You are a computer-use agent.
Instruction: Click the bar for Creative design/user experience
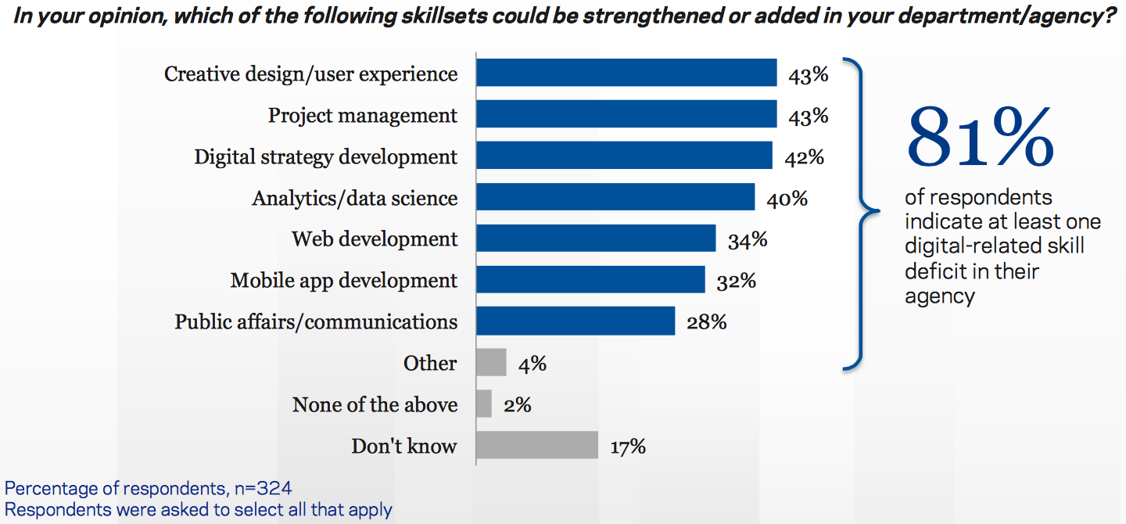click(626, 73)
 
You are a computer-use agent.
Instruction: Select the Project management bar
click(626, 114)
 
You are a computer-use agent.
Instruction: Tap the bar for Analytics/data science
click(615, 197)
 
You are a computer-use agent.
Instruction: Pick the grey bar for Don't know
click(537, 446)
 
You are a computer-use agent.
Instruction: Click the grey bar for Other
click(491, 363)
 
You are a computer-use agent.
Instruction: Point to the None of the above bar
click(484, 404)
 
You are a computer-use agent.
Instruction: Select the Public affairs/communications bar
click(576, 321)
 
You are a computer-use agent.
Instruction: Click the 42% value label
click(804, 156)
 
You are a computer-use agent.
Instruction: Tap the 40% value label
click(787, 198)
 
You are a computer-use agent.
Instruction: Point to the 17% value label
click(627, 447)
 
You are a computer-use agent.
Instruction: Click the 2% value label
click(517, 405)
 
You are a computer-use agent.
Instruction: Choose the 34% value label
click(747, 239)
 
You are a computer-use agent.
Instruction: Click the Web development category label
click(375, 239)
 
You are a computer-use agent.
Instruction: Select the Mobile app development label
click(343, 280)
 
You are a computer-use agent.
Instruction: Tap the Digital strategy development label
click(325, 156)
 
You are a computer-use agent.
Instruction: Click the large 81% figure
click(980, 139)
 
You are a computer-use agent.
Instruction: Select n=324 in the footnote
click(264, 490)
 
